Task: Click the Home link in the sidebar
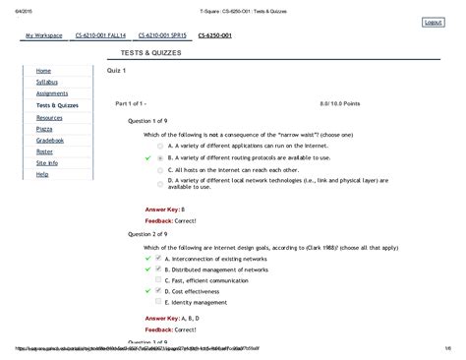[43, 72]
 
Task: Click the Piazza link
[44, 128]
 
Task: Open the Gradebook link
[50, 140]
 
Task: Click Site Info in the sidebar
[47, 162]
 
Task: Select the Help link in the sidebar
[42, 173]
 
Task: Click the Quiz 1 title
[120, 72]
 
